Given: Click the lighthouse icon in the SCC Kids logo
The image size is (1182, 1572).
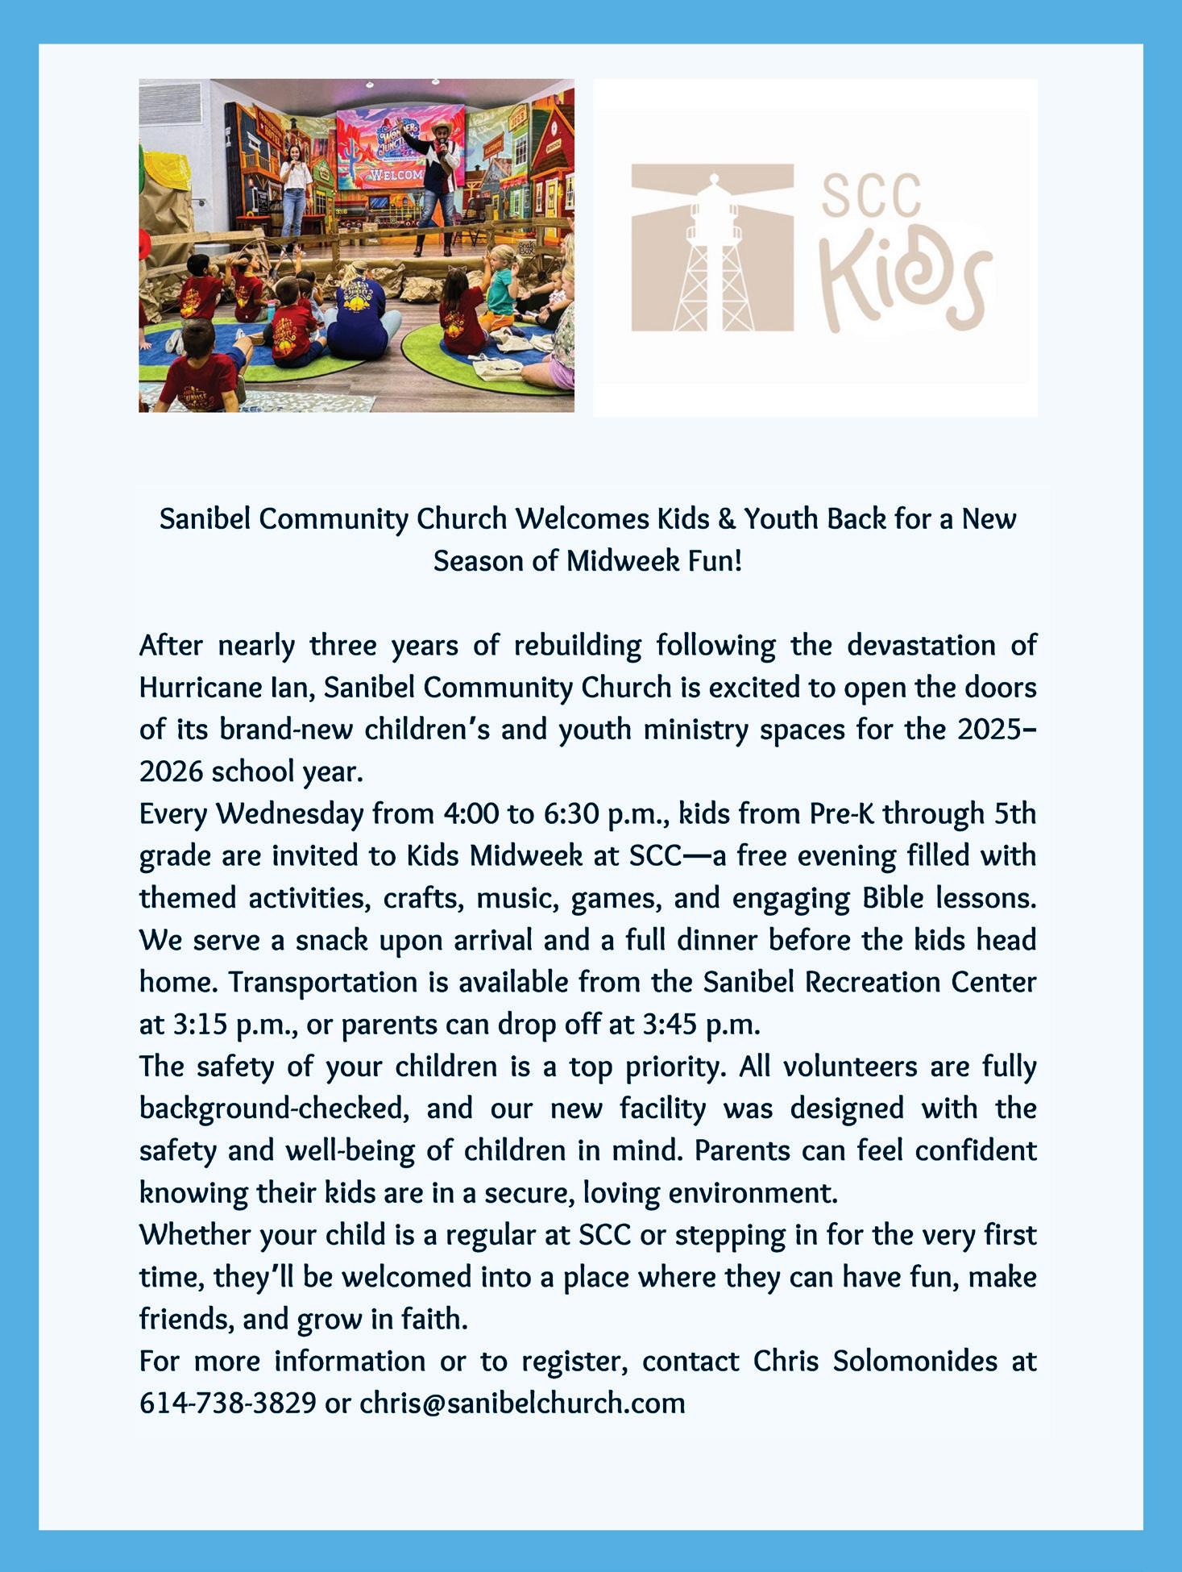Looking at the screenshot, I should tap(712, 250).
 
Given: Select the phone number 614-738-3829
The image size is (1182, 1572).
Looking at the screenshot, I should tap(227, 1404).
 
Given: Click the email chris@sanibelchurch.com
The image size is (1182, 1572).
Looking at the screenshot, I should tap(522, 1404).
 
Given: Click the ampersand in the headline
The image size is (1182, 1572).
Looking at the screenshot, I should tap(724, 519).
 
